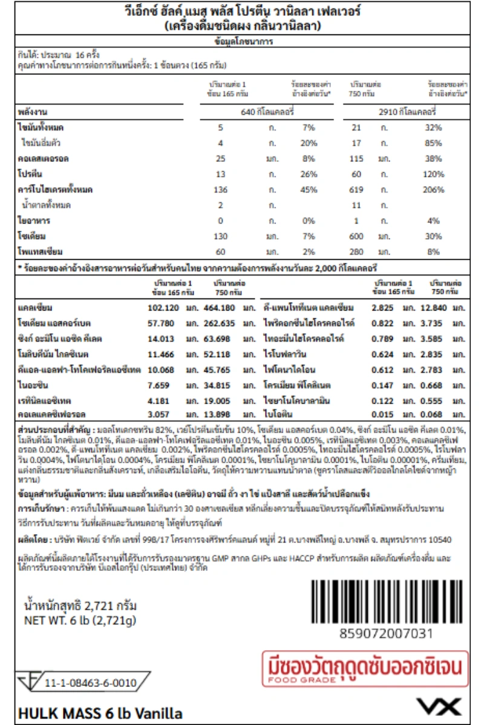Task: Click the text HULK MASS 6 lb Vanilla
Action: coord(100,712)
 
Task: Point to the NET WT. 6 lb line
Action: coord(79,620)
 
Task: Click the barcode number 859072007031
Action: coord(387,633)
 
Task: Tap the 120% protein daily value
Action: coord(433,174)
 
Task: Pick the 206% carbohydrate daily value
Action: coord(433,190)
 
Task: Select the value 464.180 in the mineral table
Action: coord(220,308)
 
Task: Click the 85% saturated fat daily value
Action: coord(433,143)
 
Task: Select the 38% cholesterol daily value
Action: coord(433,159)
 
